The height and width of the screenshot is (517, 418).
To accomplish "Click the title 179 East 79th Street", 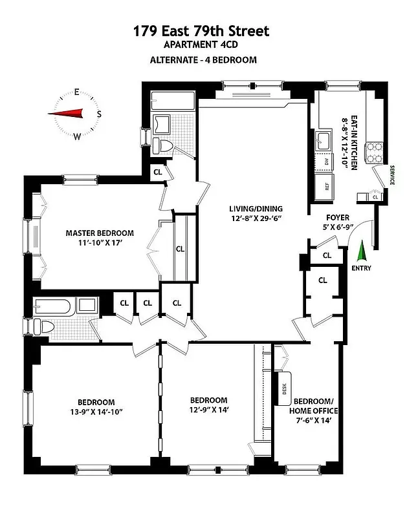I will click(201, 30).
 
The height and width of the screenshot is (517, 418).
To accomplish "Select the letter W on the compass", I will click(77, 136).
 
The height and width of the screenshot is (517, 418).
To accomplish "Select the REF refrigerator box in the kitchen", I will click(327, 187).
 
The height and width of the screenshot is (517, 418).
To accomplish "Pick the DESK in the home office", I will click(283, 388).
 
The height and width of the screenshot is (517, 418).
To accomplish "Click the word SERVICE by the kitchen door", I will click(392, 175).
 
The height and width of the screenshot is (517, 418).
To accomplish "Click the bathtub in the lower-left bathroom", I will click(57, 306).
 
